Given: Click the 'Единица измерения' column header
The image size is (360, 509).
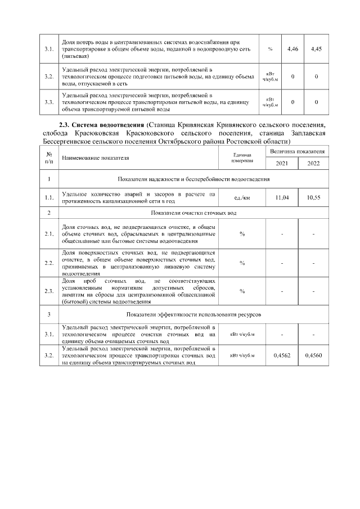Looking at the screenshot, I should (x=242, y=157).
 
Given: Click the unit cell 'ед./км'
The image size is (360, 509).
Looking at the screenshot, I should (x=242, y=198).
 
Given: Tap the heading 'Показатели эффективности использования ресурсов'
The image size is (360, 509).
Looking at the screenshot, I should (x=193, y=313).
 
